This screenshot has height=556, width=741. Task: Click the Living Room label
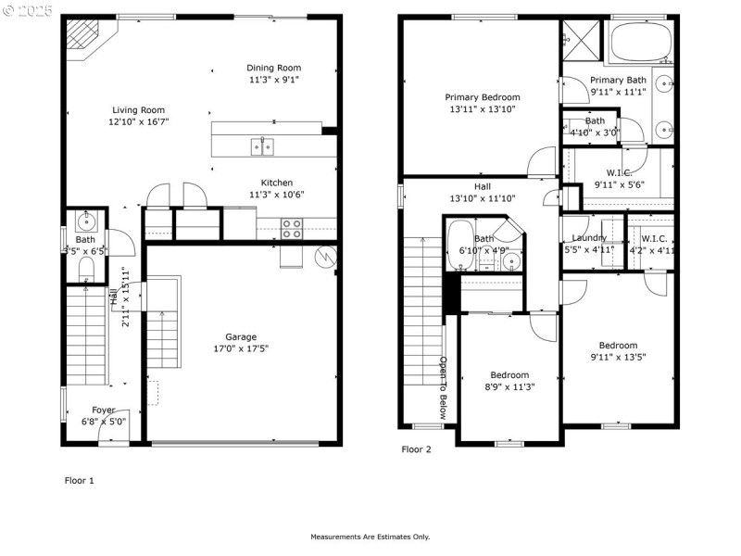point(138,109)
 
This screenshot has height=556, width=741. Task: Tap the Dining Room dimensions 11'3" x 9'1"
point(273,80)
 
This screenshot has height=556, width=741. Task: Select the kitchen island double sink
point(261,145)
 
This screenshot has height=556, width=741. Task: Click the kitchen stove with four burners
point(292,228)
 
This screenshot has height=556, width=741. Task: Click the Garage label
point(241,336)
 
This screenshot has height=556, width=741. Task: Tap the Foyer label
point(104,410)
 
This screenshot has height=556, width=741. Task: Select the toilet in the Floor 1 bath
point(85,269)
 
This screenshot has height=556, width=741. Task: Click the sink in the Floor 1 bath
point(85,221)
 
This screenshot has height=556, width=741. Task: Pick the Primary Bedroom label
point(482,97)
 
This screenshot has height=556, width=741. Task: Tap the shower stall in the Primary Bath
point(581,41)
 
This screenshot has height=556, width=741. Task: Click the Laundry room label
point(589,238)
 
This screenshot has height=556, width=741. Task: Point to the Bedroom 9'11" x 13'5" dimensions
point(617,357)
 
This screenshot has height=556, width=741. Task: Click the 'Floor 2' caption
point(416,449)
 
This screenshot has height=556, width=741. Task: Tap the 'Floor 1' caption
point(79,480)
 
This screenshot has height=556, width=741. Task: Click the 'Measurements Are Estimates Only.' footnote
point(370,537)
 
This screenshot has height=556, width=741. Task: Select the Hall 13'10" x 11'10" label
point(482,198)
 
